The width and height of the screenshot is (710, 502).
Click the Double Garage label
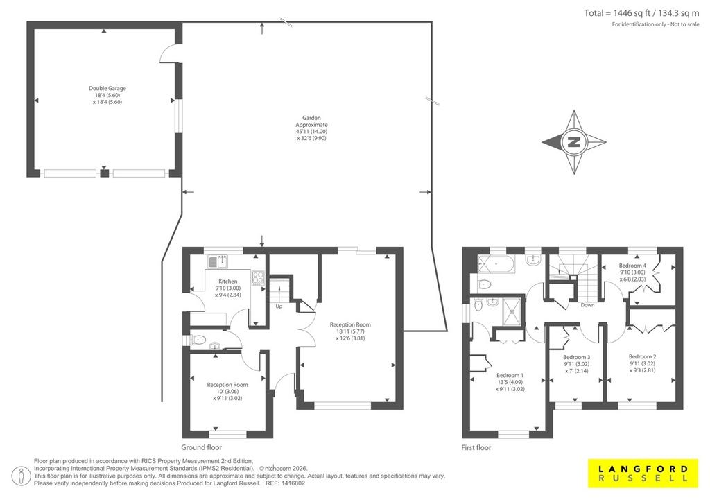pos(107,95)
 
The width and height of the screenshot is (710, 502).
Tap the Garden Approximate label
pos(311,128)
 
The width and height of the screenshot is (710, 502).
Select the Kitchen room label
pos(227,288)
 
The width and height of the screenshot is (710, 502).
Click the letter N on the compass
pos(573,142)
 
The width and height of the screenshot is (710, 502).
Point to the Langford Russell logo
pos(643,474)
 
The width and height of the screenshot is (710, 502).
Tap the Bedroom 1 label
pos(510,382)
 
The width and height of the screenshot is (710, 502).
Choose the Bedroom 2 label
pos(642,363)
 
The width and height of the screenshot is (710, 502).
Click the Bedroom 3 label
pos(576,364)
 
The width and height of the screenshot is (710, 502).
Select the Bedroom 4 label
pos(632,272)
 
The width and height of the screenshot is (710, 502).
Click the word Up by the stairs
pos(279,306)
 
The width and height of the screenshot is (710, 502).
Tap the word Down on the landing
pos(587,305)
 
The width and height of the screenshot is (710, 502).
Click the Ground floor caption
pos(202,447)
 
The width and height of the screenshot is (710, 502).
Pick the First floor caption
pos(476,447)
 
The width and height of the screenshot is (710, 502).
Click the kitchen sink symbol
pos(218,261)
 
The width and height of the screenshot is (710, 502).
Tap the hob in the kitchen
pos(258,277)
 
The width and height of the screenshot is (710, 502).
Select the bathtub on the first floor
pos(496,264)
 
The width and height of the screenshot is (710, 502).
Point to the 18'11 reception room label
pos(350,331)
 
